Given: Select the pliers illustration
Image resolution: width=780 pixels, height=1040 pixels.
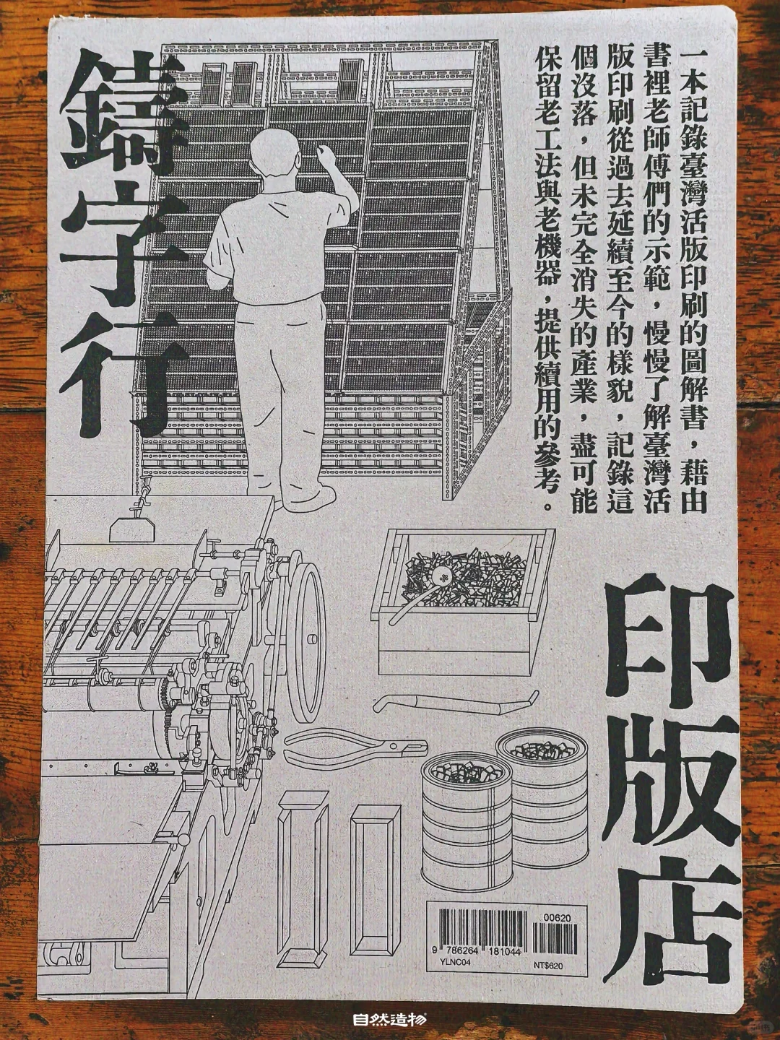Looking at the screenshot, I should (x=354, y=751).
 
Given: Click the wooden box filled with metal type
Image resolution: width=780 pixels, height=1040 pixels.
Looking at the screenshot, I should (x=462, y=599).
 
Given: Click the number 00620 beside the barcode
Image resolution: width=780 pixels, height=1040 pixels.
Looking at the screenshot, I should (x=558, y=918).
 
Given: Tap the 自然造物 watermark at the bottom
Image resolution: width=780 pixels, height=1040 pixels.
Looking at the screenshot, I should (x=390, y=1020).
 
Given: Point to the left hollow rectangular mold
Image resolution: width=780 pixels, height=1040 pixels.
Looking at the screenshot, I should (x=302, y=877).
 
